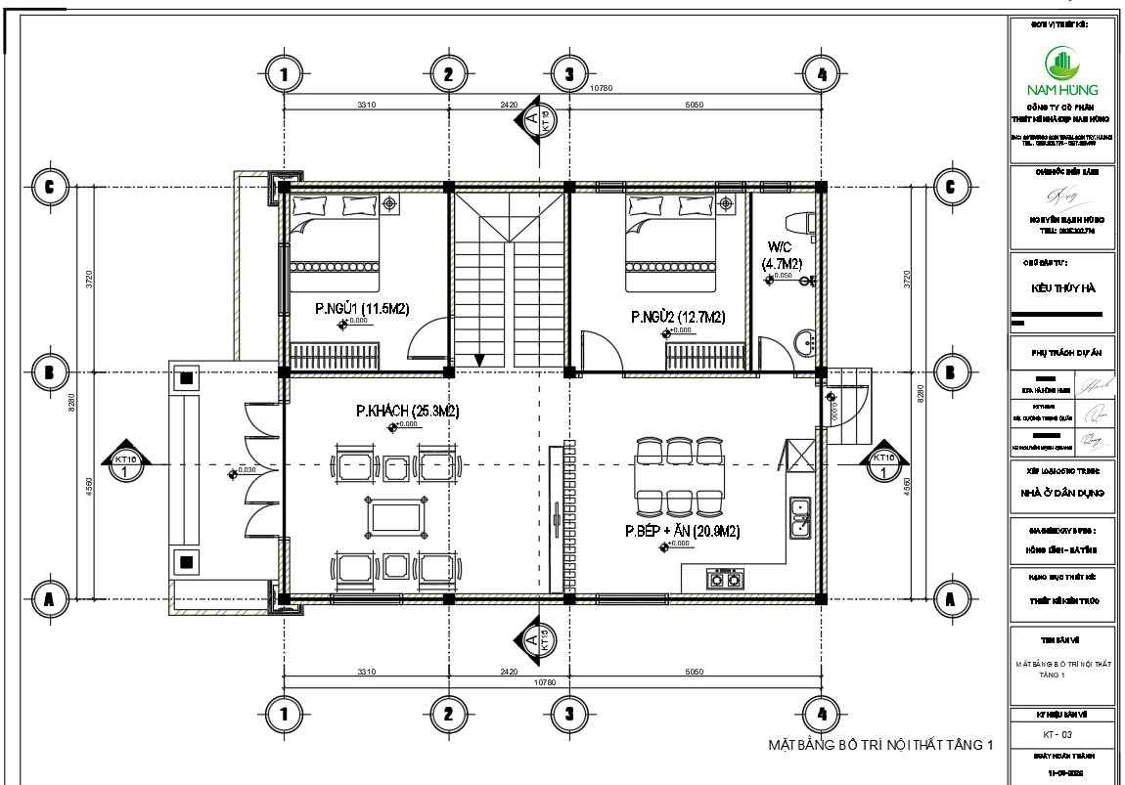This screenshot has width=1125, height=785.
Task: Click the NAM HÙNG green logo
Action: (1062, 66)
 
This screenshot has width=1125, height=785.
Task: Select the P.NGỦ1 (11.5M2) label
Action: (361, 308)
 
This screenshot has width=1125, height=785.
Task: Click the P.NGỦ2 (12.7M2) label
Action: (678, 317)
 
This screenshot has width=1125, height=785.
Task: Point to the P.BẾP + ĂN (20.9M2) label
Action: (683, 531)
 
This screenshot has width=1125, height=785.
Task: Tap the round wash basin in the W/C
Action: (804, 342)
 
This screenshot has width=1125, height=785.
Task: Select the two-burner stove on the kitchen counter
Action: (724, 580)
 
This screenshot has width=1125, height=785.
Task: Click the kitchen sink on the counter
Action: (799, 518)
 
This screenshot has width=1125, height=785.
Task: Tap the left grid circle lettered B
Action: (49, 371)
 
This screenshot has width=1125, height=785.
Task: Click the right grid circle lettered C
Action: (948, 186)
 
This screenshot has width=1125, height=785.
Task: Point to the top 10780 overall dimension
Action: (601, 88)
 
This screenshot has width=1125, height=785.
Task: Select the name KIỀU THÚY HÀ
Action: (1062, 288)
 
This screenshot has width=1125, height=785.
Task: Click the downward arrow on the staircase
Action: (479, 359)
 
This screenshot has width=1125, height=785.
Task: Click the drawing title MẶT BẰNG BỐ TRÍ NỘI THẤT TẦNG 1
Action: (880, 745)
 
